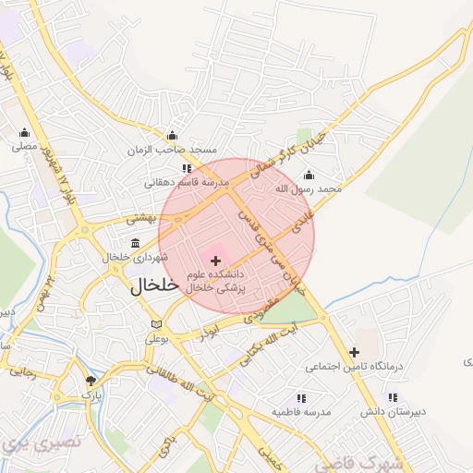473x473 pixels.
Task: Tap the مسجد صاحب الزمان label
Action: click(173, 150)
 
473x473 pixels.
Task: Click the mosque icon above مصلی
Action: click(24, 132)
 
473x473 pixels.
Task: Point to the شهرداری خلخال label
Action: click(137, 256)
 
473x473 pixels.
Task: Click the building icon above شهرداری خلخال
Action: click(137, 243)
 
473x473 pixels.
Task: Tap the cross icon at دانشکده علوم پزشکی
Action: click(216, 261)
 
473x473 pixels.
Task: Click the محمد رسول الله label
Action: click(309, 188)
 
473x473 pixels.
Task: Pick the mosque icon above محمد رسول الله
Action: click(309, 176)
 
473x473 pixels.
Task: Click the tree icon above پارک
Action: click(90, 381)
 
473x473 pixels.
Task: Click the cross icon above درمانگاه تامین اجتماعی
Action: click(354, 351)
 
